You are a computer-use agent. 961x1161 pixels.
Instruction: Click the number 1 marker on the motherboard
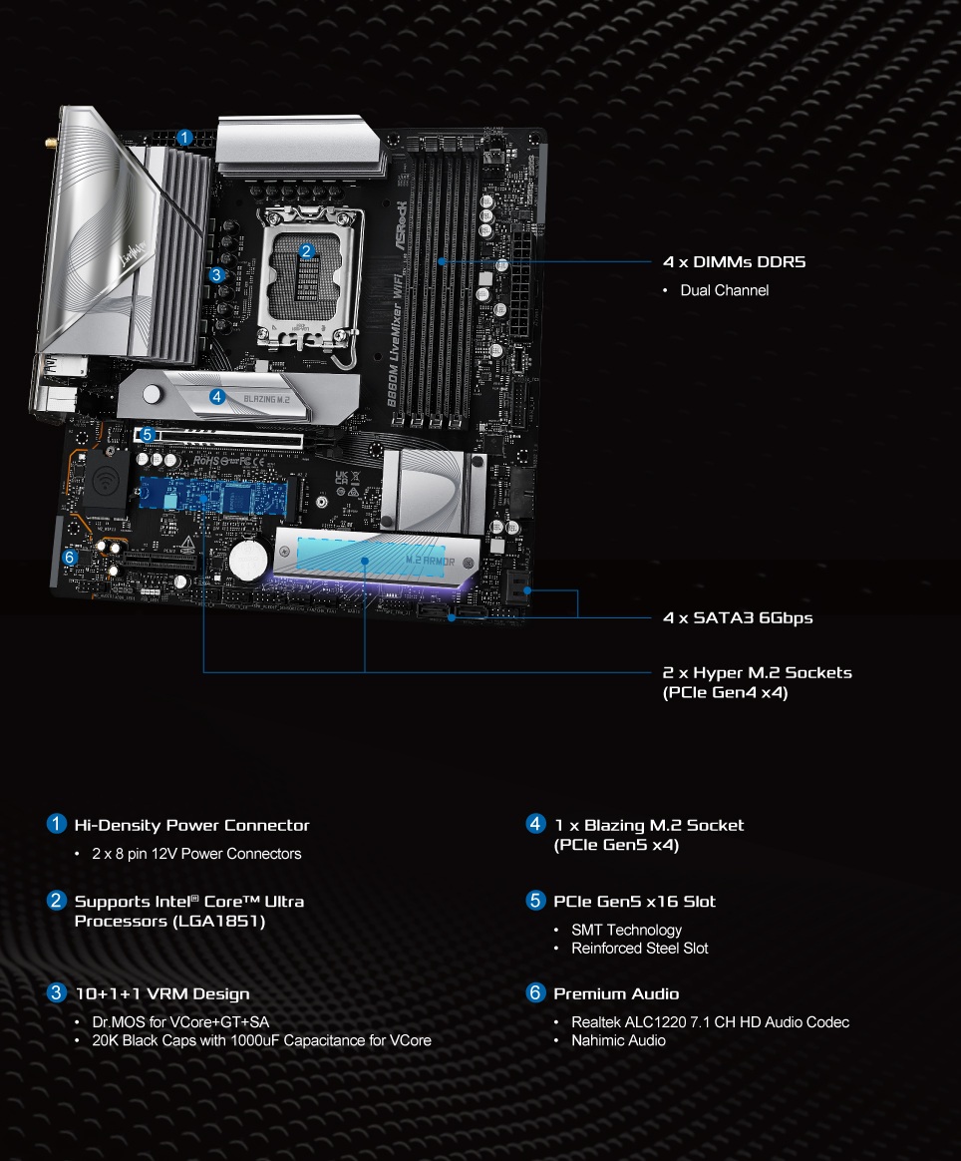[184, 138]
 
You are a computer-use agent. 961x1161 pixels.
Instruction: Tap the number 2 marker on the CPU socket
[307, 250]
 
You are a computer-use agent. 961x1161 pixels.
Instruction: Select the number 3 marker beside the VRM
[216, 274]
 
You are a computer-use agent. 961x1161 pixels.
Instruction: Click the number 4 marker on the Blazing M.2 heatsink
[217, 396]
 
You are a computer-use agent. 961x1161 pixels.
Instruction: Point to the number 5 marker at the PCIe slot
[147, 435]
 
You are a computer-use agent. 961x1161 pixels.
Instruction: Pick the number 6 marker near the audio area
[69, 558]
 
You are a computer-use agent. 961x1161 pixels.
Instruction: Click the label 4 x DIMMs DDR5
[734, 262]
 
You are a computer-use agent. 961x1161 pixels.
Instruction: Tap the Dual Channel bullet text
[724, 290]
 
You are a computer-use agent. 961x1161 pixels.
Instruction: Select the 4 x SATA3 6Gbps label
[738, 617]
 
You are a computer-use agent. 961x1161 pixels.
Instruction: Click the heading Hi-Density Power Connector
[191, 825]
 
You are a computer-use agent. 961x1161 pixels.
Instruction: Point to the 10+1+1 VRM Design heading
[161, 993]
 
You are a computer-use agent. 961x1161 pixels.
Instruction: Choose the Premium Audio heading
[616, 993]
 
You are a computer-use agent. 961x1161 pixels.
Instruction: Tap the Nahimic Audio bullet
[618, 1040]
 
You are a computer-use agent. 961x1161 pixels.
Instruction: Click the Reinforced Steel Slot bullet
[639, 948]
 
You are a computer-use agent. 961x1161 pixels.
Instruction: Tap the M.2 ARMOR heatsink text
[430, 562]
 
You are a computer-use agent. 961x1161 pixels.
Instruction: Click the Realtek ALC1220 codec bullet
[710, 1022]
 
